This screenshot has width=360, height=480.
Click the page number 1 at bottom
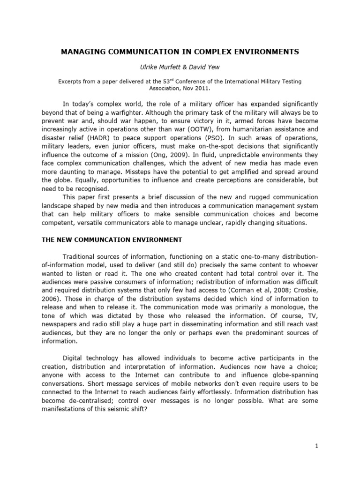click(316, 446)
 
